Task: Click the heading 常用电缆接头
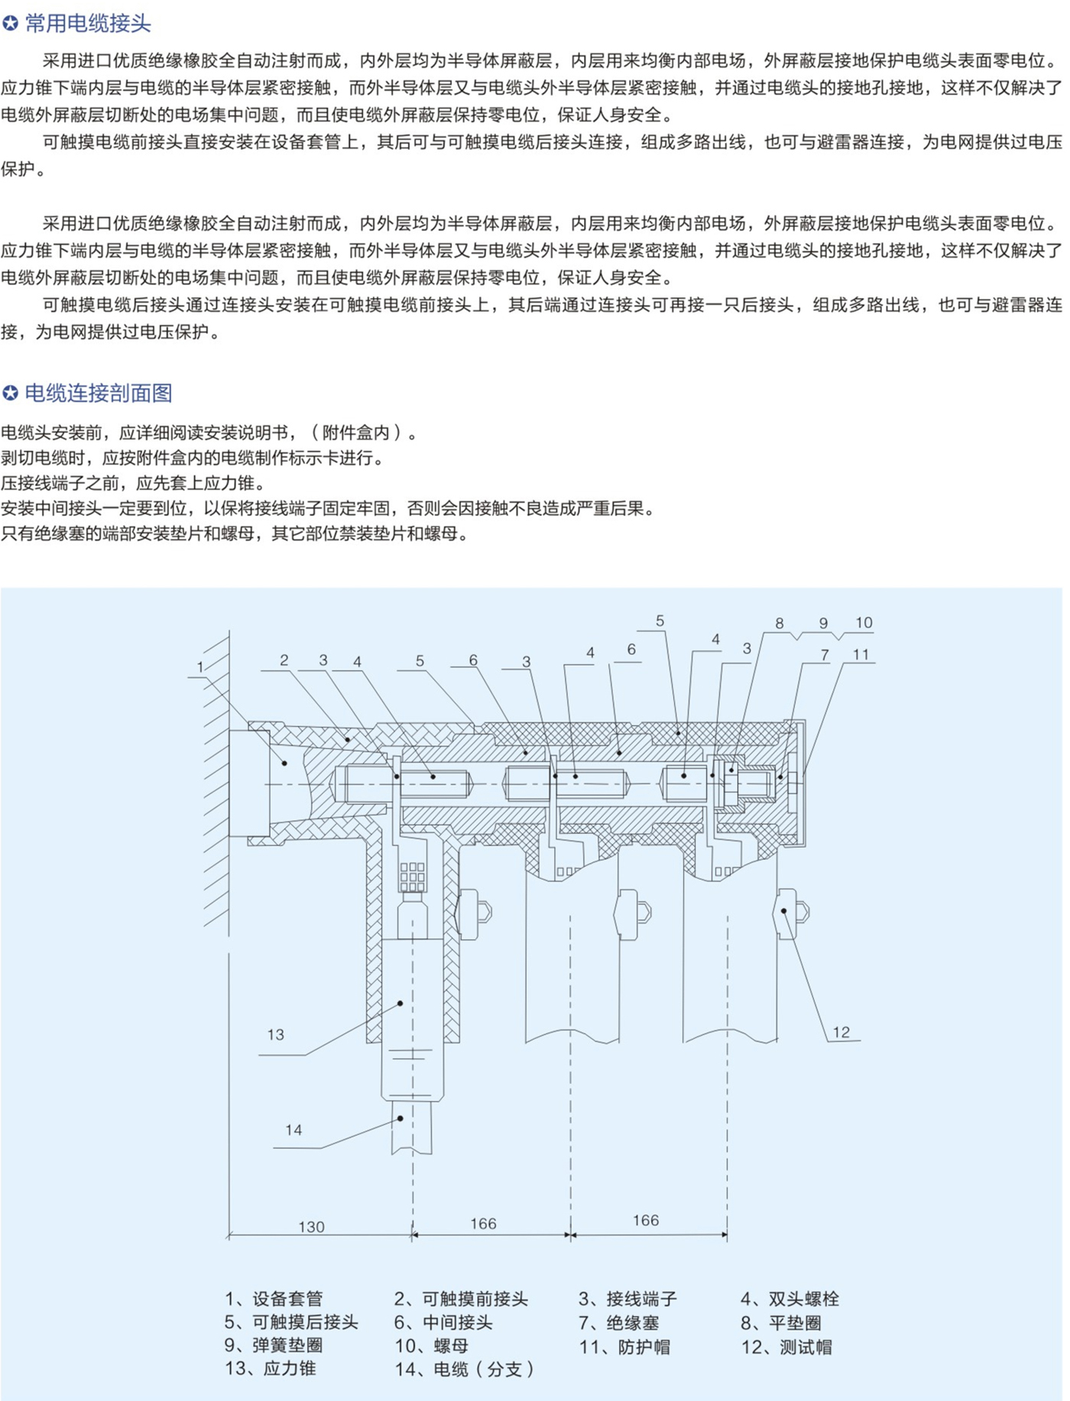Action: coord(88,24)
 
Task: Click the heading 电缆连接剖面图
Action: coord(99,393)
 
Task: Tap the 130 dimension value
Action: coord(311,1226)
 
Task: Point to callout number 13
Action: coord(275,1034)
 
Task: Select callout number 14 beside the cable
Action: coord(293,1130)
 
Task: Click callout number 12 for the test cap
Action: coord(841,1032)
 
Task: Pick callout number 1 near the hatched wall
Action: coord(200,666)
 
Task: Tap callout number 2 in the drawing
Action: coord(284,660)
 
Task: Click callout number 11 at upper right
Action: coord(861,653)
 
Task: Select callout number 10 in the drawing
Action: coord(864,622)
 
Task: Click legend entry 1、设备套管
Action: coord(274,1299)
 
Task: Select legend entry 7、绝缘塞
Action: coord(618,1322)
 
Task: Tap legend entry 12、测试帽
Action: coord(786,1347)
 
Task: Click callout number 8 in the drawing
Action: coord(779,623)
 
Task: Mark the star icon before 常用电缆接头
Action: coord(11,24)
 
